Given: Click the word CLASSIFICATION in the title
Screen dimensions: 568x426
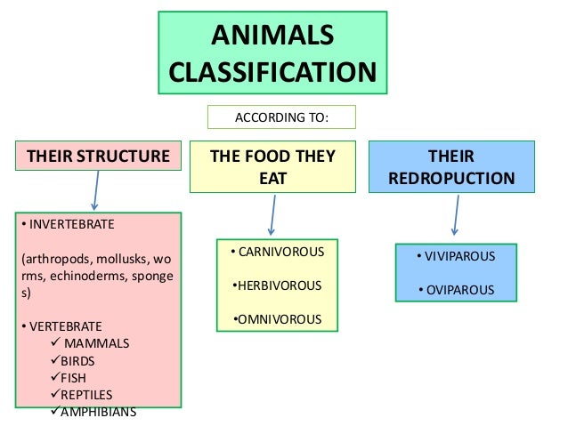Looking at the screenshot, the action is click(x=272, y=71).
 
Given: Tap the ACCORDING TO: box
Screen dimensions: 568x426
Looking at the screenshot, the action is click(x=281, y=117).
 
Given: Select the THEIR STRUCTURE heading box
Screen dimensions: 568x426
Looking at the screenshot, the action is click(x=98, y=157).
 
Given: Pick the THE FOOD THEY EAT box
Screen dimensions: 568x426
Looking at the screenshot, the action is click(x=272, y=166).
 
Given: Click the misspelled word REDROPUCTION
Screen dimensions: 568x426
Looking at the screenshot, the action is click(x=451, y=178).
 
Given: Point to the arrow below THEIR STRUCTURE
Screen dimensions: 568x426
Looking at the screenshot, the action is click(x=94, y=190).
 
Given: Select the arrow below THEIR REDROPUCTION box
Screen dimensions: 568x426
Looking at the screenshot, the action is click(x=455, y=216).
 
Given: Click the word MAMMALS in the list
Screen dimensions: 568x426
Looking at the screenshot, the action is click(x=98, y=343).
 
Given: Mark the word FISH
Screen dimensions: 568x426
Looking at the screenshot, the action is click(x=76, y=378).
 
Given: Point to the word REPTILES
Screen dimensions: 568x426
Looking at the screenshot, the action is click(x=86, y=395).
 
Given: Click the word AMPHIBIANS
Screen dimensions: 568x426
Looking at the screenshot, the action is click(x=97, y=412).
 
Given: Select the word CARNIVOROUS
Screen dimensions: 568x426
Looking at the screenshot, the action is click(x=279, y=253).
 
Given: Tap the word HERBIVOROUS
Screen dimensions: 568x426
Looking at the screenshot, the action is click(x=278, y=285).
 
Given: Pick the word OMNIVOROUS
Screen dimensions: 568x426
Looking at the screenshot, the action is click(x=278, y=318).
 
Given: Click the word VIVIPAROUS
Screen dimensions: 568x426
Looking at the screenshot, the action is click(x=458, y=257).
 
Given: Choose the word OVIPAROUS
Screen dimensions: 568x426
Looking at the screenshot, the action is click(x=458, y=290).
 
